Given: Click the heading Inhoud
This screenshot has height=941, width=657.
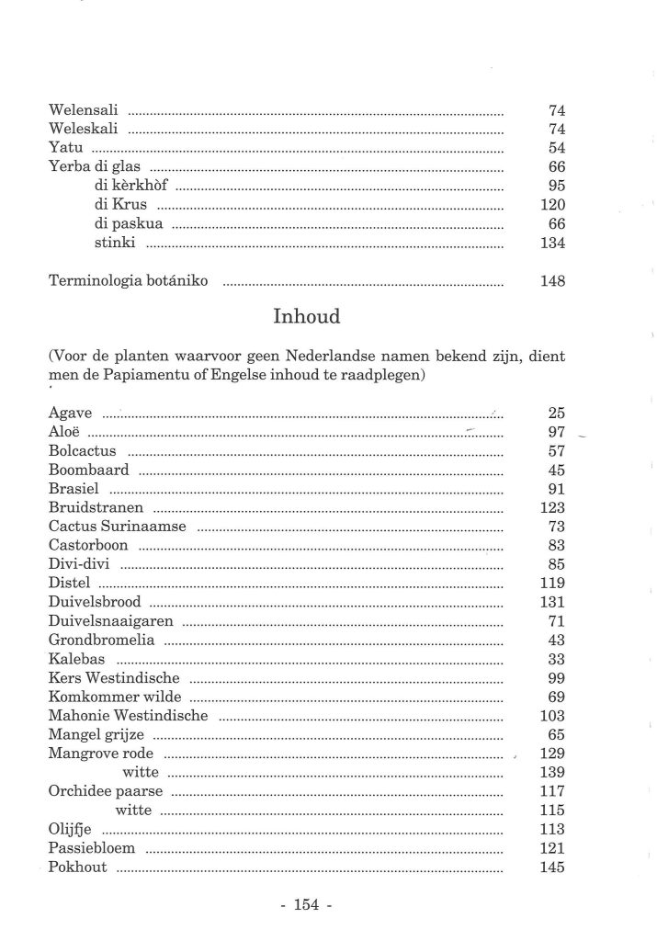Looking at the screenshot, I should tap(307, 317).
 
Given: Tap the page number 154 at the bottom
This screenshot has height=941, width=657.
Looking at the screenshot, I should tap(305, 906).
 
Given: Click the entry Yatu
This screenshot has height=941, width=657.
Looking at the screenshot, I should tap(65, 148).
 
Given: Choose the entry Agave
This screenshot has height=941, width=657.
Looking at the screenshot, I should tap(70, 414).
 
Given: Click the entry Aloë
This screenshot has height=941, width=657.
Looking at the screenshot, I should tap(63, 432).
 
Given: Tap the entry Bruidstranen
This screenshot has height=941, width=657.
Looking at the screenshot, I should tap(96, 508).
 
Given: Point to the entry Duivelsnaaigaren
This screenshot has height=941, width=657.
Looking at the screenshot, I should tap(111, 621).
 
